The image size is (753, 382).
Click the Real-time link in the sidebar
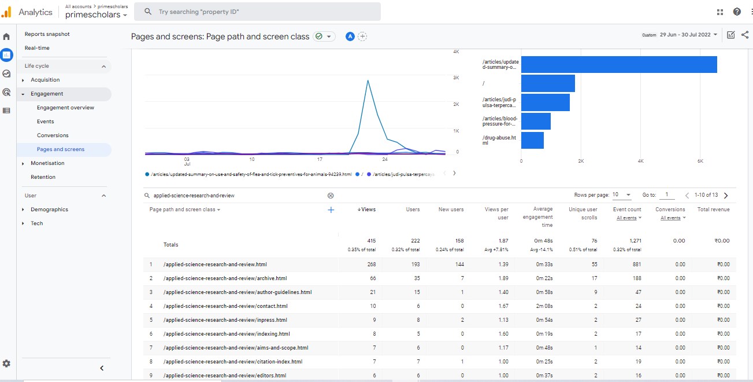[37, 48]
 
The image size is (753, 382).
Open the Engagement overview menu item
[65, 108]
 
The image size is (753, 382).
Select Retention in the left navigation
[43, 177]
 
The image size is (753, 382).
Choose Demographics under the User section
[49, 210]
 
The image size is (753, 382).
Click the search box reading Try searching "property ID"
[257, 12]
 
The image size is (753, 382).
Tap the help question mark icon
[737, 12]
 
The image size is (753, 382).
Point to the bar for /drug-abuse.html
[532, 140]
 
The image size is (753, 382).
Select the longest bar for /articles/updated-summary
[618, 65]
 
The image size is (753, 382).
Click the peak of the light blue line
[368, 80]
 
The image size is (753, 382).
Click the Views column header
[368, 210]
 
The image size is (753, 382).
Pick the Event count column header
[627, 210]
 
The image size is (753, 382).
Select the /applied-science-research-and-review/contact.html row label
[225, 306]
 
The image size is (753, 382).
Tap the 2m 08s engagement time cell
[544, 306]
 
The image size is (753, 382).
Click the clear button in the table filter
[331, 196]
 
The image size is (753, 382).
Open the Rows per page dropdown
[622, 196]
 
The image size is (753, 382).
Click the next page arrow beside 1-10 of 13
[726, 196]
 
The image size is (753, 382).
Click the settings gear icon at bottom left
[6, 363]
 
